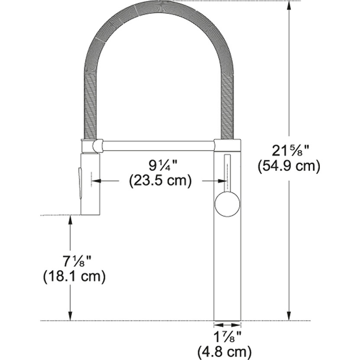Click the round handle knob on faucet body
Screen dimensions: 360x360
click(x=227, y=204)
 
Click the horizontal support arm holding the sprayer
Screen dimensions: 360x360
click(x=158, y=145)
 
